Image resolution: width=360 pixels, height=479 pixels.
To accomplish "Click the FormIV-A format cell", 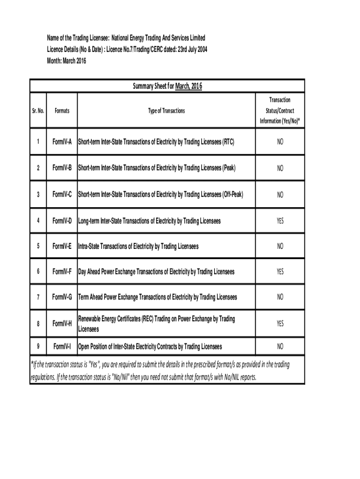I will (62, 142).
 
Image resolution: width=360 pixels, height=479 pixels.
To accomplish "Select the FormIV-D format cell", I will (62, 220).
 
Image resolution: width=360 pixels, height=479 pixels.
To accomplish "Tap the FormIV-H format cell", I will (62, 324).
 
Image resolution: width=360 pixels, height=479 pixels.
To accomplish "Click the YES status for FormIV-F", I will (280, 272).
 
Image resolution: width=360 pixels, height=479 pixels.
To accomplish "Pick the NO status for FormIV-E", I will (280, 246).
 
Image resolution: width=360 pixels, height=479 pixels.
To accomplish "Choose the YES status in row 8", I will (280, 324).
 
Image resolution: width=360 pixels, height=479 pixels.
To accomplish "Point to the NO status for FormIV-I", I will (280, 347).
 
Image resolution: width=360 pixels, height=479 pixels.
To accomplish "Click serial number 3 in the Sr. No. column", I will (38, 194).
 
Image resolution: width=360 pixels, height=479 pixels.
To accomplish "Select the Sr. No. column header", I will (38, 111).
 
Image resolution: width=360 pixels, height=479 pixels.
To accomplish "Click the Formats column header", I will (62, 111).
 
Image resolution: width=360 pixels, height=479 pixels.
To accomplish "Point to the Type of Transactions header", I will (166, 111).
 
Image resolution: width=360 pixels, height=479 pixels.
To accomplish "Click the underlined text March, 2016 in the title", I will (188, 86).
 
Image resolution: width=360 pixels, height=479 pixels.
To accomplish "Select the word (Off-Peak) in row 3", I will (232, 194).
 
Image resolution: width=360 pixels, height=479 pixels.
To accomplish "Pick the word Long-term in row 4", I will (88, 220).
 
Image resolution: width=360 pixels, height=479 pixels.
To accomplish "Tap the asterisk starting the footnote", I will (31, 365).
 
